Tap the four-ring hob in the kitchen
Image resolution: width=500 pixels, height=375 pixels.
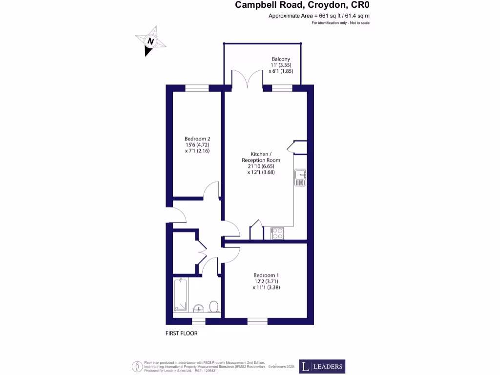[x=277, y=234]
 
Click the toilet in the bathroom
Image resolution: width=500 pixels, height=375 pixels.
[x=213, y=307]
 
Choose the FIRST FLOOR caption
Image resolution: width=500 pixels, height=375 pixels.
[x=181, y=333]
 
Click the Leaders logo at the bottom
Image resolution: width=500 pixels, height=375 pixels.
[x=322, y=366]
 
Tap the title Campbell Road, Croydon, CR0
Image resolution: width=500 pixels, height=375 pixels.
[x=299, y=5]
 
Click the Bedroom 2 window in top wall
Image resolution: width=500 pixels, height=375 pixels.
[x=197, y=88]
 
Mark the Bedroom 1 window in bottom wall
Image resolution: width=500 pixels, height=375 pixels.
[x=257, y=321]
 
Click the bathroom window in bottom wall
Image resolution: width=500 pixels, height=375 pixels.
[x=198, y=321]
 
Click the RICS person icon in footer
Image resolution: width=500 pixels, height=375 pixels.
[x=138, y=366]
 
